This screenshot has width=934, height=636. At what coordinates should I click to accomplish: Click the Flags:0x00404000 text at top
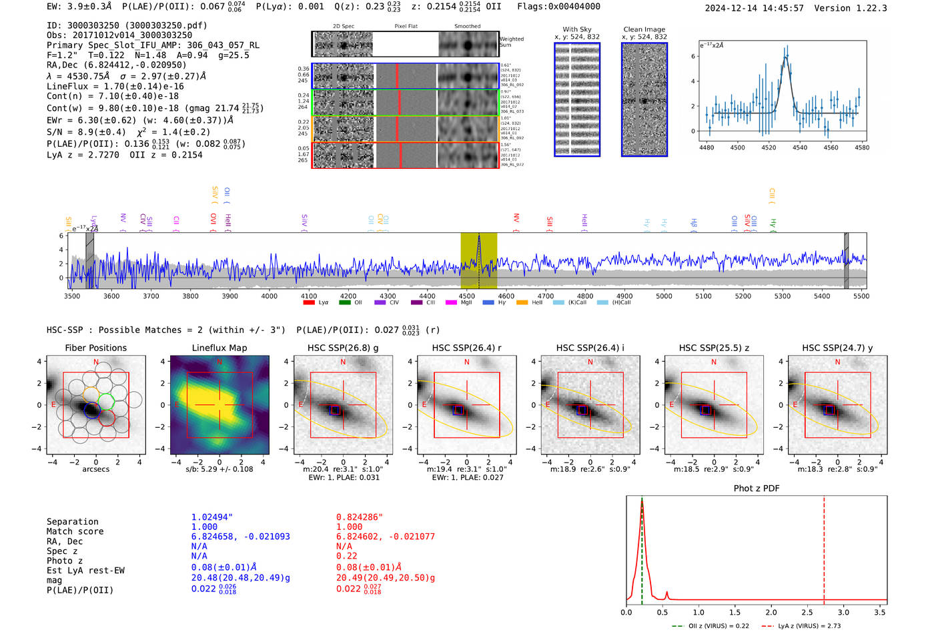[558, 7]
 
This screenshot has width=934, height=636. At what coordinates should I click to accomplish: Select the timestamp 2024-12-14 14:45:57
[754, 9]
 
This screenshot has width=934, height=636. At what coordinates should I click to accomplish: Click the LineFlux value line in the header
[115, 86]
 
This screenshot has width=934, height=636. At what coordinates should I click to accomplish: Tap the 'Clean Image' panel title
[644, 29]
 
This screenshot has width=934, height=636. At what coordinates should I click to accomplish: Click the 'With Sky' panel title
[577, 29]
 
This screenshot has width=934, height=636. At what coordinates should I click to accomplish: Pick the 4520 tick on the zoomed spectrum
[769, 147]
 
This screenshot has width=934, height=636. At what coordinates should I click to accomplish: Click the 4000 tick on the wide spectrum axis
[269, 296]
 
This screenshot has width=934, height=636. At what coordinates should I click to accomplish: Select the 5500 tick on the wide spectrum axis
[861, 296]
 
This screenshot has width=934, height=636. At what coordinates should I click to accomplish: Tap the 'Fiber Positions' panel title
[95, 348]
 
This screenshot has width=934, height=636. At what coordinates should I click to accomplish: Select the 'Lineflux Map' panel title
[219, 348]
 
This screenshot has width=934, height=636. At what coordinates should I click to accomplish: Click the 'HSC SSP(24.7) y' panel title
[837, 348]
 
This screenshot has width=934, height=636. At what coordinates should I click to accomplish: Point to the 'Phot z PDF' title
[757, 489]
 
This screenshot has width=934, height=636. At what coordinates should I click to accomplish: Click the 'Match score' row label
[75, 532]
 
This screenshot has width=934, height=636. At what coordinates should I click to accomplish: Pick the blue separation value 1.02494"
[211, 517]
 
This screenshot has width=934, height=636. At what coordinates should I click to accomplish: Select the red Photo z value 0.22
[346, 556]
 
